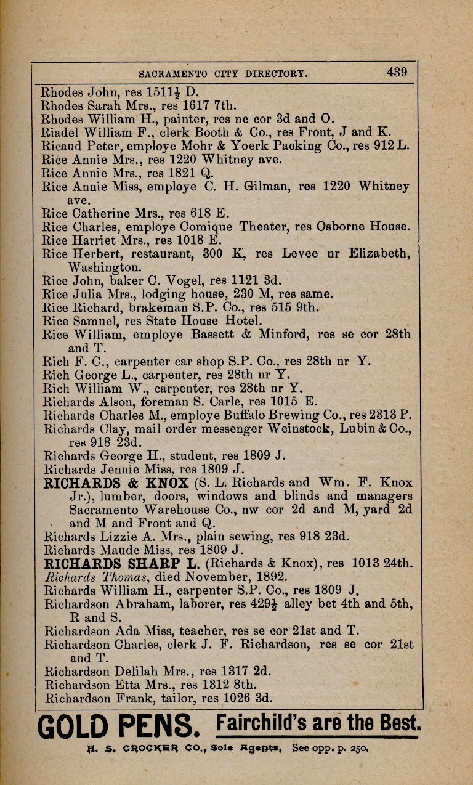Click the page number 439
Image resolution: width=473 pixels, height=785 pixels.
(397, 72)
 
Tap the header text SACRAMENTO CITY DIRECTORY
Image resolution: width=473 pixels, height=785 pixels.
(224, 73)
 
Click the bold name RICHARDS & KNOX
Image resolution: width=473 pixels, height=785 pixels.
(116, 482)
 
